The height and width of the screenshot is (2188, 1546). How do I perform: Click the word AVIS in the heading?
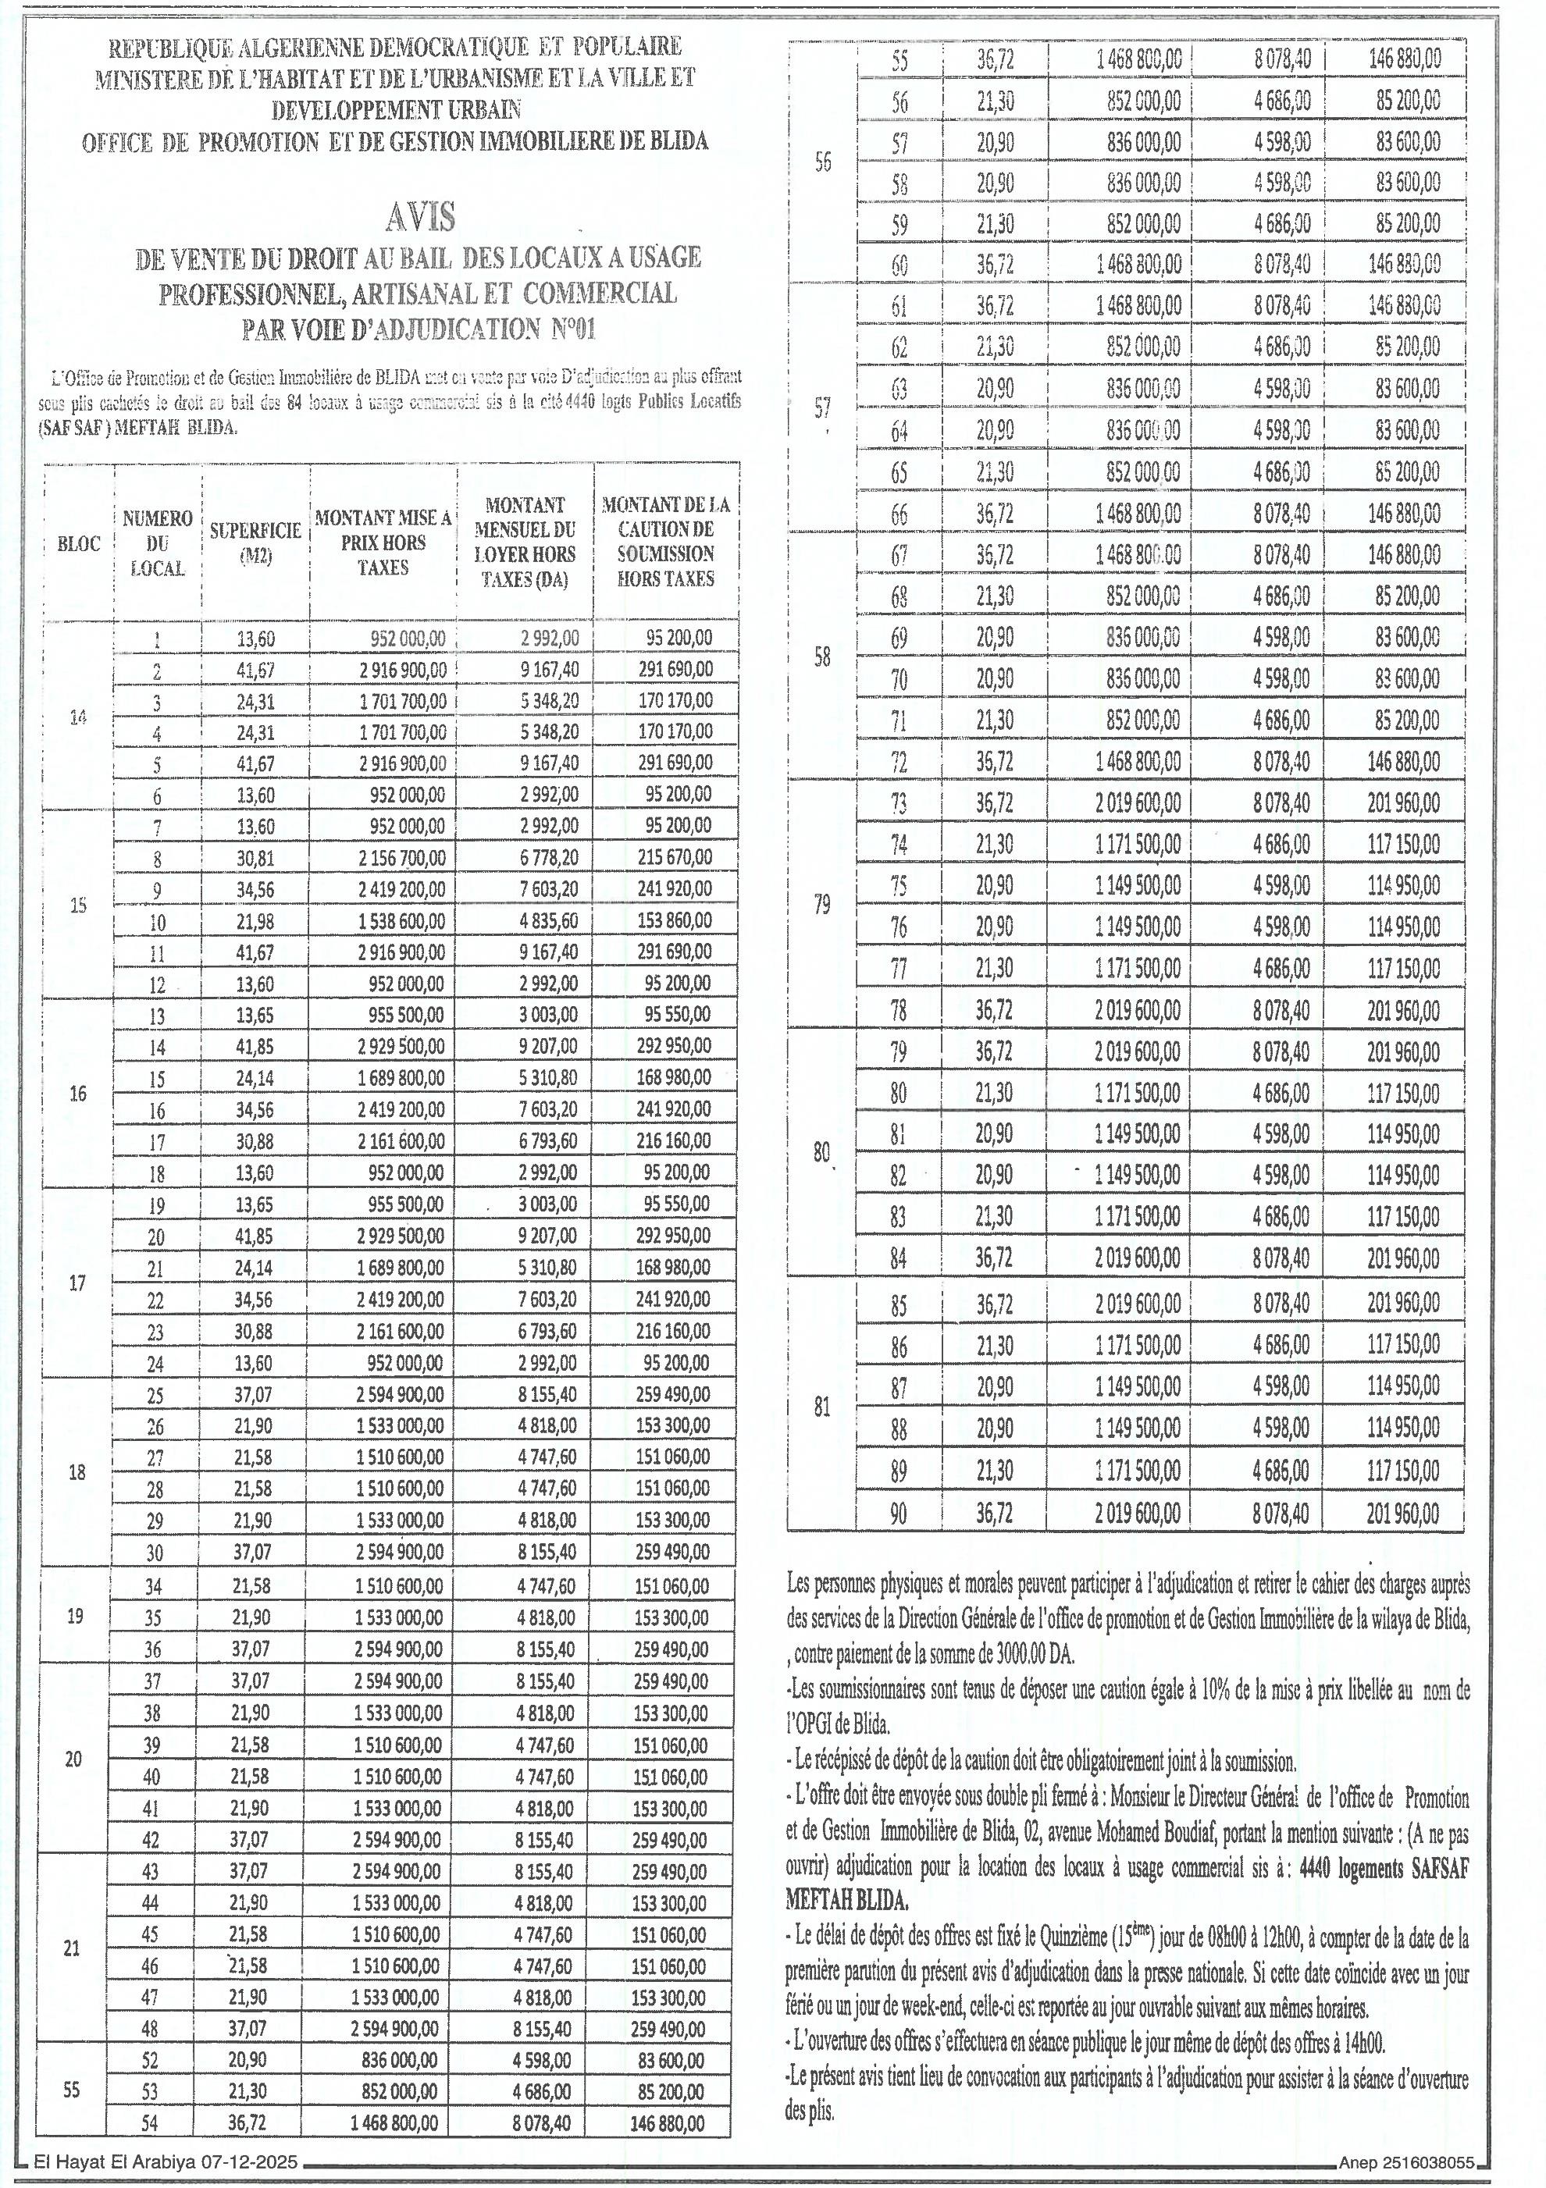coord(420,219)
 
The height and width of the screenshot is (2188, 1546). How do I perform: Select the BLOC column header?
coord(79,544)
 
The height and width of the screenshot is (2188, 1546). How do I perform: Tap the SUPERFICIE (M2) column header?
coord(255,543)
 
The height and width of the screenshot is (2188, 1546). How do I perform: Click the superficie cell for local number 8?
coord(255,858)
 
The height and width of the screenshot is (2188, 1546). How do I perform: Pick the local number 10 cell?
coord(157,922)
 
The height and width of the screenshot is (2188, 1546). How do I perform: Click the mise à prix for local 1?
coord(407,639)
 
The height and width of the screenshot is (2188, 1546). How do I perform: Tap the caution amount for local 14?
coord(674,1045)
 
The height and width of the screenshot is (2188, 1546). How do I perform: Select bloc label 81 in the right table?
coord(822,1407)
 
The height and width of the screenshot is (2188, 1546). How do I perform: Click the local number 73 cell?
coord(899,803)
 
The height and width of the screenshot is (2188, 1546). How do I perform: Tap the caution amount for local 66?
coord(1403,514)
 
